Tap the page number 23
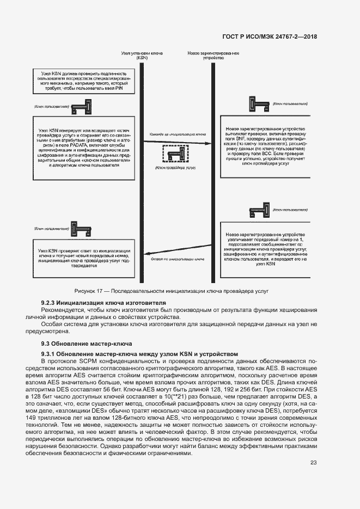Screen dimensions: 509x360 (x=313, y=463)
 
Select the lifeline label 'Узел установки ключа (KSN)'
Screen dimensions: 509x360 (x=142, y=56)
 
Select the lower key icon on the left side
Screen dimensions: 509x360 (x=82, y=229)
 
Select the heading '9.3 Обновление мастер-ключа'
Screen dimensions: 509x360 (x=86, y=344)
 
